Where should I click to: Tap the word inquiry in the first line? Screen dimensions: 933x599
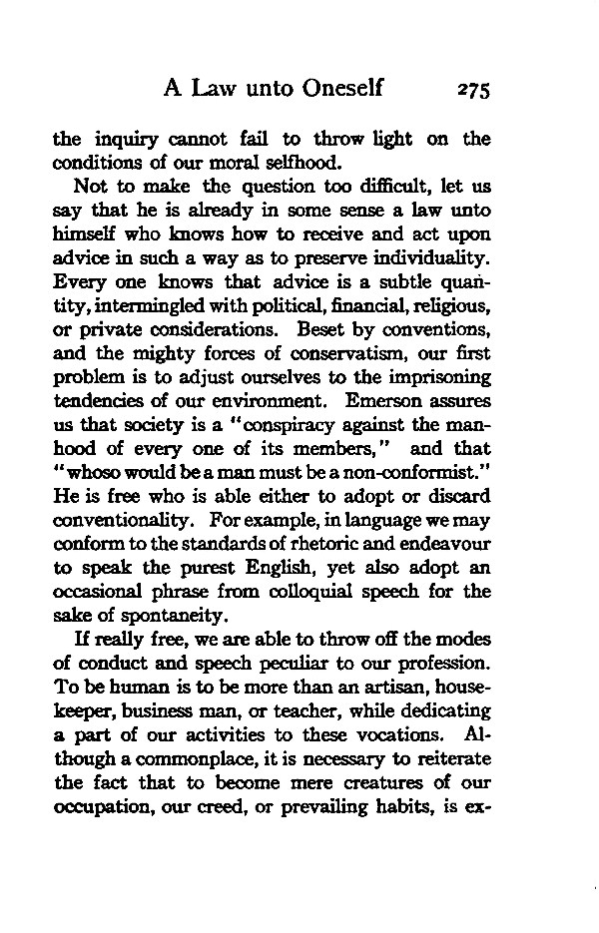tap(123, 141)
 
